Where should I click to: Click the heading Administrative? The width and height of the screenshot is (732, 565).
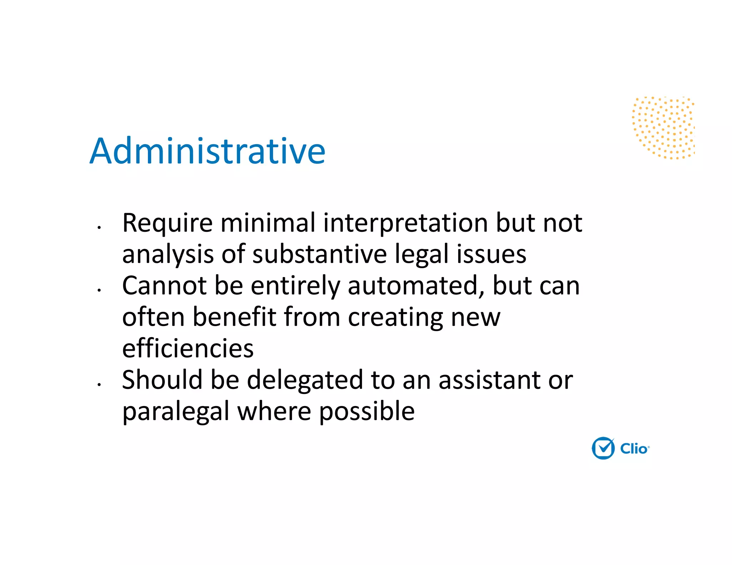(207, 151)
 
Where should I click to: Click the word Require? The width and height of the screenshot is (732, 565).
(167, 224)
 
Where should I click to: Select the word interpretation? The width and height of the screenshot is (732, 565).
(405, 224)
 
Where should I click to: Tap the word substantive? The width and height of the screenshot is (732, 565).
(319, 254)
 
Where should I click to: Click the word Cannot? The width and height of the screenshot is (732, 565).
(164, 286)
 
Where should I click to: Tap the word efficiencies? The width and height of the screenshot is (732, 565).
(188, 349)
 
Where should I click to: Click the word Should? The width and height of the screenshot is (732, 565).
(162, 380)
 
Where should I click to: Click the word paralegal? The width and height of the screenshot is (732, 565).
(175, 411)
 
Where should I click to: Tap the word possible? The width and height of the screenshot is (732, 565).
(366, 411)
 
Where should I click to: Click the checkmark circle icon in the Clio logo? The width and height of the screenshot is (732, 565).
(603, 448)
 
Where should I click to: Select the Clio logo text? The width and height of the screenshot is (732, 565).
(634, 449)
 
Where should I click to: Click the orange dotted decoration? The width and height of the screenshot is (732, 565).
(664, 127)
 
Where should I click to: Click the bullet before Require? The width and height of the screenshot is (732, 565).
(99, 227)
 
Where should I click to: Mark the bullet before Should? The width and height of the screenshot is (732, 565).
(99, 384)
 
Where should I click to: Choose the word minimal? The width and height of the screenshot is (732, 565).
(268, 224)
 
